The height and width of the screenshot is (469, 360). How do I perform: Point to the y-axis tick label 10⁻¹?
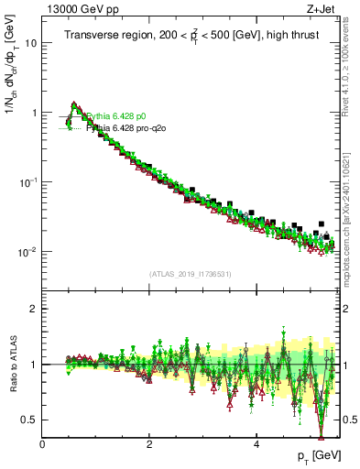(29, 182)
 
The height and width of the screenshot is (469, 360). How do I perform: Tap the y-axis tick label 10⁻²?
(29, 252)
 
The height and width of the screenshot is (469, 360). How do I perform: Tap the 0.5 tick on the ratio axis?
(30, 420)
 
